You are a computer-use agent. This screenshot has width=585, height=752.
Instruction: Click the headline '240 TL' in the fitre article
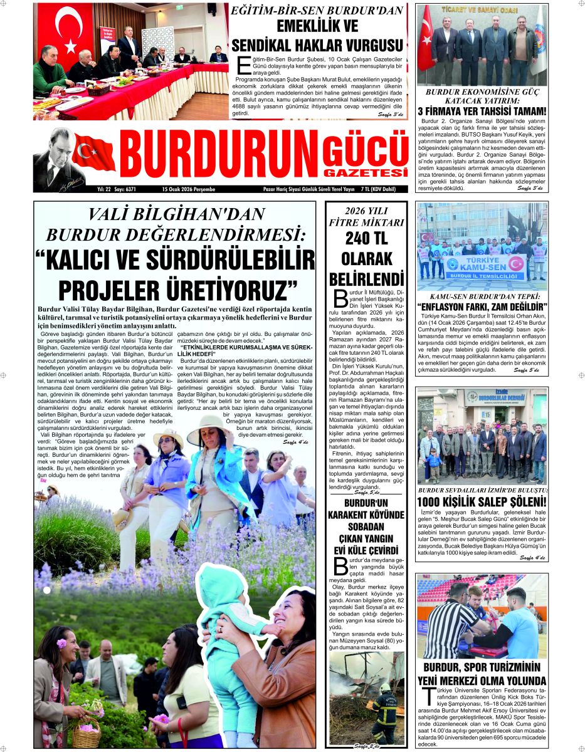(x=366, y=239)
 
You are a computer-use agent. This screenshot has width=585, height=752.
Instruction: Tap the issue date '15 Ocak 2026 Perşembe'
(x=188, y=189)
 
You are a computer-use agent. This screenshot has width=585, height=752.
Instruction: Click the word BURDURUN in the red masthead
(x=218, y=158)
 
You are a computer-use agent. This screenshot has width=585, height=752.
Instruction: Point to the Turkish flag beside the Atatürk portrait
(x=94, y=153)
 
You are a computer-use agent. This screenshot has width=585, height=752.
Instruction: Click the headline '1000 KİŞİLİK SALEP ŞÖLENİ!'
(x=482, y=502)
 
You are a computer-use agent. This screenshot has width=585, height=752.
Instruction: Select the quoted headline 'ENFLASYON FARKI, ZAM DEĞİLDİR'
(x=482, y=306)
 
